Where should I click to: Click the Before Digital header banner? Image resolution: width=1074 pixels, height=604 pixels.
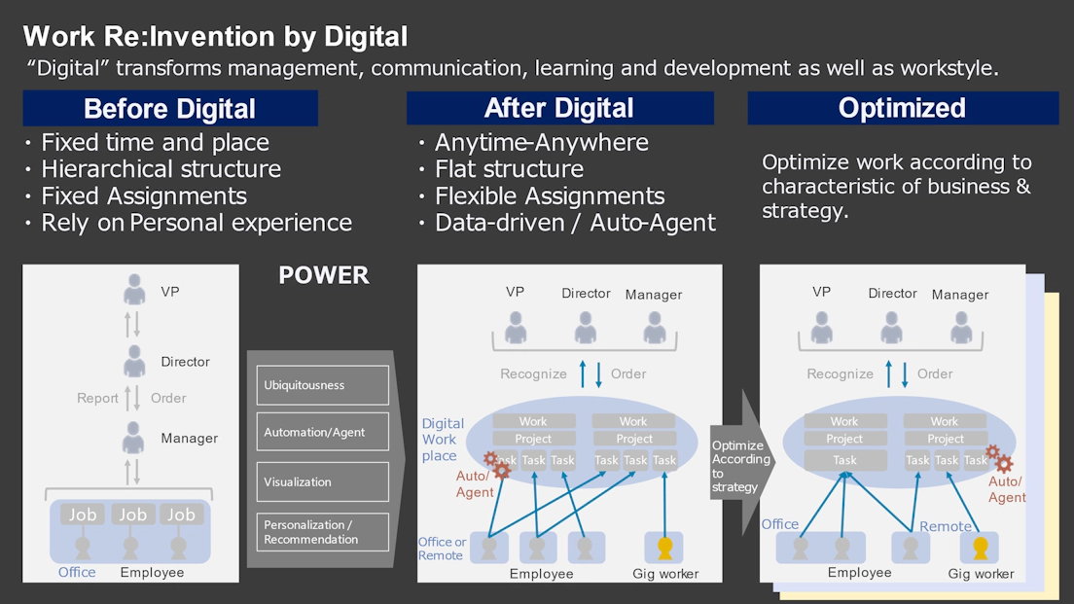[x=170, y=108]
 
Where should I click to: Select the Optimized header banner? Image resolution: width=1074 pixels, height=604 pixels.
[x=903, y=108]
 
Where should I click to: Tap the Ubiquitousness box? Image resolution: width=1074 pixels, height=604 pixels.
[x=323, y=385]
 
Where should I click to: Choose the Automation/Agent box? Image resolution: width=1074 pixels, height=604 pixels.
[x=323, y=432]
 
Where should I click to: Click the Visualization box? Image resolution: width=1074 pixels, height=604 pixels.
[x=323, y=482]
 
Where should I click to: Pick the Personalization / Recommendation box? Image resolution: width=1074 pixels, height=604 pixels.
[x=323, y=532]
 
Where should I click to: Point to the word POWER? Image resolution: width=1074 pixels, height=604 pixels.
[x=323, y=275]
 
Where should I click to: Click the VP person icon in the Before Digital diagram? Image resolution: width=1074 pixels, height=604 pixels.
[x=134, y=290]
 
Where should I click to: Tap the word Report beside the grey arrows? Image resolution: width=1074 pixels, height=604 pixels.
[x=97, y=399]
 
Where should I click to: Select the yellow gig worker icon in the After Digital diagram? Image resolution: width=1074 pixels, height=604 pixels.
[x=664, y=548]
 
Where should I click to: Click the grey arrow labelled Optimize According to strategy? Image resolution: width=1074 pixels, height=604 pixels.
[x=742, y=463]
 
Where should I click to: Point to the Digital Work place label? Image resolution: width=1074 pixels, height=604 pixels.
[x=443, y=440]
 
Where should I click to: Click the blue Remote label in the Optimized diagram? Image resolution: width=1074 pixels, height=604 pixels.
[x=946, y=526]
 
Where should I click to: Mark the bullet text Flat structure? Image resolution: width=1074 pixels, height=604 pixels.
[x=509, y=168]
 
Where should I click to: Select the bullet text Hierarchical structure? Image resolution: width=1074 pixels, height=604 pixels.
[x=161, y=168]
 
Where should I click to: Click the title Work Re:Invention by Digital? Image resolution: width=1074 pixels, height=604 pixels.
[x=215, y=36]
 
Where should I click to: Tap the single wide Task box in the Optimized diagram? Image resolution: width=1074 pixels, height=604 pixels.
[x=845, y=460]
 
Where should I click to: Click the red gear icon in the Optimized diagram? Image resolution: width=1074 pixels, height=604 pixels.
[x=999, y=459]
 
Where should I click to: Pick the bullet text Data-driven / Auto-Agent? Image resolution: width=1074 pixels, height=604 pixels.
[x=575, y=223]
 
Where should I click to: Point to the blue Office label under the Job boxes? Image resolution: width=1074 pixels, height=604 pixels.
[x=77, y=573]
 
